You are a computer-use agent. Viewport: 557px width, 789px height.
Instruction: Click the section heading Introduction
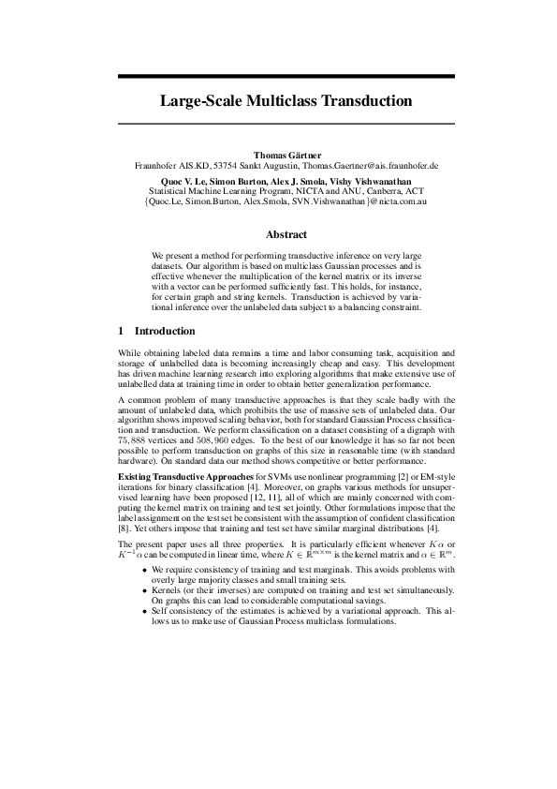165,332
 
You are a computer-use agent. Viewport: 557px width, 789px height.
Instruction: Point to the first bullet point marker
143,569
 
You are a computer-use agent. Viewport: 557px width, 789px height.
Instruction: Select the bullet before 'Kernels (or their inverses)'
143,590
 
